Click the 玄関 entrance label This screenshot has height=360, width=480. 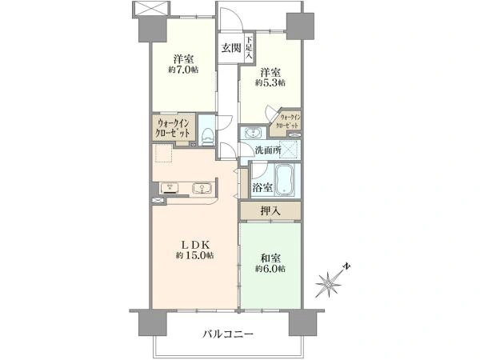[x=231, y=48]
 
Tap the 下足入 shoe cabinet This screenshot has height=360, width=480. [x=249, y=47]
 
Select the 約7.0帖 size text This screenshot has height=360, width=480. [x=183, y=70]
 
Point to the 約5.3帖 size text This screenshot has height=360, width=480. [x=270, y=82]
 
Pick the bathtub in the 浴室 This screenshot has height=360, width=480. [x=284, y=180]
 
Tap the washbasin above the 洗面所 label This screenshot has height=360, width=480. [x=253, y=133]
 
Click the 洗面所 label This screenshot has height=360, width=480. [x=269, y=150]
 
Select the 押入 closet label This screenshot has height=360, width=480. [x=270, y=210]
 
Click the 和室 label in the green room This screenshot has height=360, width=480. [x=270, y=258]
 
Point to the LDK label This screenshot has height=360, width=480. [x=195, y=244]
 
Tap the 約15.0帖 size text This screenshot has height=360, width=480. [x=195, y=255]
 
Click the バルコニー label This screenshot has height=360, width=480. [x=228, y=334]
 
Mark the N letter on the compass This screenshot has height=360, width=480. [x=346, y=266]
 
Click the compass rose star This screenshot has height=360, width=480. [x=328, y=285]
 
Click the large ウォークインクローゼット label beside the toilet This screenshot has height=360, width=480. [x=173, y=128]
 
